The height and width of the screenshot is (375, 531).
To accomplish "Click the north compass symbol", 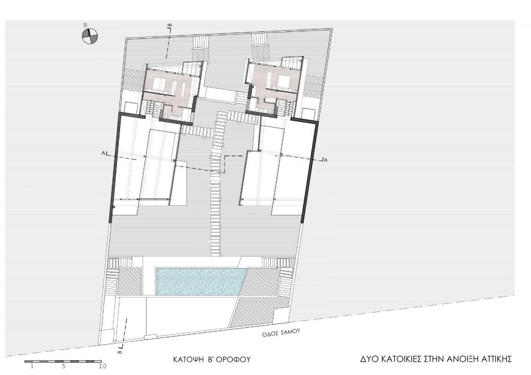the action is (90, 36).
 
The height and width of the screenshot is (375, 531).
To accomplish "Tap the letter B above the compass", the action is (85, 25).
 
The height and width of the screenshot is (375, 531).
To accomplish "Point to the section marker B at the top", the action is (171, 25).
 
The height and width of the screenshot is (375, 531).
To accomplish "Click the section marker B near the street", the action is (119, 352).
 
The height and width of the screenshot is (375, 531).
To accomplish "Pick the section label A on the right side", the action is (326, 161).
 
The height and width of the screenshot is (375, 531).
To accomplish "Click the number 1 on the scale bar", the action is (32, 366).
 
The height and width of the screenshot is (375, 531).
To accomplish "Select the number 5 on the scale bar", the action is (63, 366).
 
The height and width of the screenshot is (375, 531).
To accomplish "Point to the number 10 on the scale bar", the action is (102, 366).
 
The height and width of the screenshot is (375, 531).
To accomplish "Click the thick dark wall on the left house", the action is (115, 168).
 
